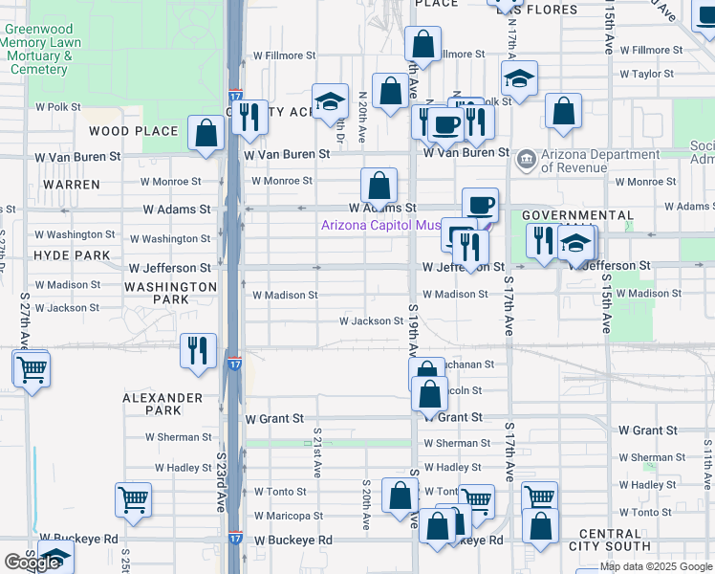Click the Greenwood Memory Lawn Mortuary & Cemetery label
(39, 49)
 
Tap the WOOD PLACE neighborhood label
(134, 131)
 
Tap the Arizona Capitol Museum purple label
(380, 226)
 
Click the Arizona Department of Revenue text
(599, 161)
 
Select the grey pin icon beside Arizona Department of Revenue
(525, 159)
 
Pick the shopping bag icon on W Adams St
(379, 186)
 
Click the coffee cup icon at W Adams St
(480, 204)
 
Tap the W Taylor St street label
(647, 74)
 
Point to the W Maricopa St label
(288, 516)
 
